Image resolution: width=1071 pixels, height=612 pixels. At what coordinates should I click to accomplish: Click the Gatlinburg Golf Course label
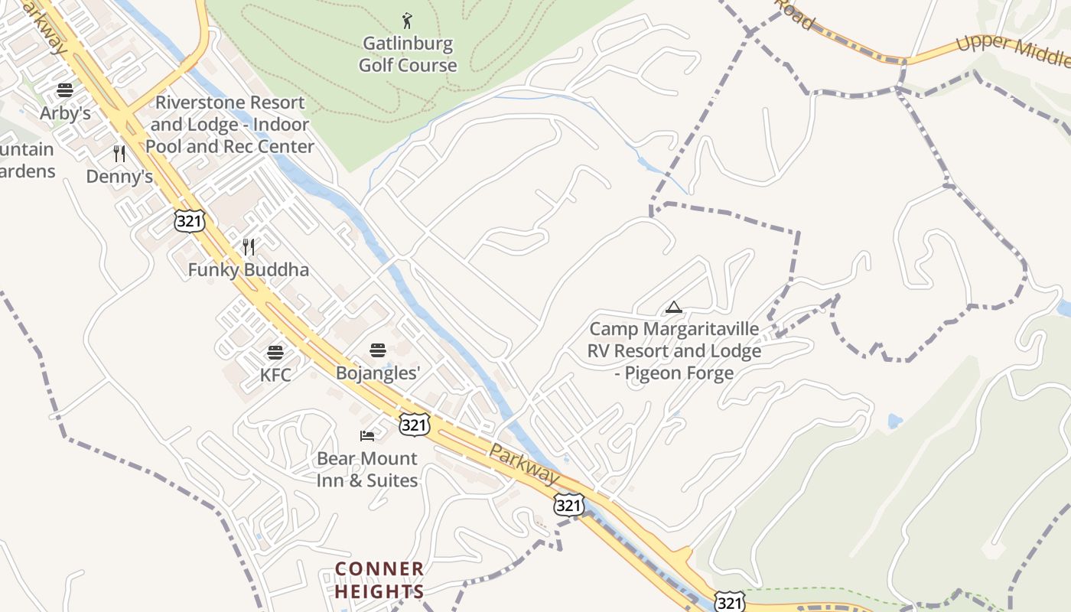click(408, 54)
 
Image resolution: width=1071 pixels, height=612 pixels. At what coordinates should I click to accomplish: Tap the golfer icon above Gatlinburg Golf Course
click(407, 21)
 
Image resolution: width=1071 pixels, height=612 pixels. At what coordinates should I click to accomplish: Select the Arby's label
click(66, 114)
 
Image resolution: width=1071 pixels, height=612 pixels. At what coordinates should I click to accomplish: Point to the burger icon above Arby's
click(65, 90)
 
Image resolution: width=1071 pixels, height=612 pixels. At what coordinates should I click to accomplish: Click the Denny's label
click(119, 177)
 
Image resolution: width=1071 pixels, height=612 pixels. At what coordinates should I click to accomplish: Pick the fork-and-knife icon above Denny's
click(119, 154)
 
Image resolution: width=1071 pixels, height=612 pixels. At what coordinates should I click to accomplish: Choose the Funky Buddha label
click(249, 270)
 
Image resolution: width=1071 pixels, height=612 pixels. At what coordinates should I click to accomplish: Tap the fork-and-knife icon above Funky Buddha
click(249, 246)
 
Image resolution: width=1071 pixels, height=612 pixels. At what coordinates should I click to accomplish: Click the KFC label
click(275, 376)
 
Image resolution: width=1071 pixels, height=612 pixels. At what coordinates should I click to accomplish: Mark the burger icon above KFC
click(275, 353)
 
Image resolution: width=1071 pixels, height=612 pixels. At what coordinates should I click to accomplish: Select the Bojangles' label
click(379, 373)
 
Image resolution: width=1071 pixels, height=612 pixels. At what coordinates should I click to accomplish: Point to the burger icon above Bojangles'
click(378, 350)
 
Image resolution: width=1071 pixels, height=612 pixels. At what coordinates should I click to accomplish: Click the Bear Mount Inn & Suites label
click(367, 470)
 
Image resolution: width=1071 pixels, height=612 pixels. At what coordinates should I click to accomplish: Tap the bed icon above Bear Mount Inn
click(367, 436)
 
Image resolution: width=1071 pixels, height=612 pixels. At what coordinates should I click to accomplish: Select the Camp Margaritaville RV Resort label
click(674, 351)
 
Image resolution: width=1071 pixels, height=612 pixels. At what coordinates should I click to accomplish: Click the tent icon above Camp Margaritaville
click(673, 308)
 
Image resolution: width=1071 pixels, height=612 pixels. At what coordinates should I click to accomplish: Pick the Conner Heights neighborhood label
click(379, 580)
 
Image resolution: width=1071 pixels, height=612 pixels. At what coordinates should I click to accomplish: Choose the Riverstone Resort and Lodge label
click(230, 124)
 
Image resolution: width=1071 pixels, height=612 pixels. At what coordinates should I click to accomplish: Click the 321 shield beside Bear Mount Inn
click(414, 425)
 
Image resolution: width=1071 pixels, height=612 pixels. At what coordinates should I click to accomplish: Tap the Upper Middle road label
click(1011, 49)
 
